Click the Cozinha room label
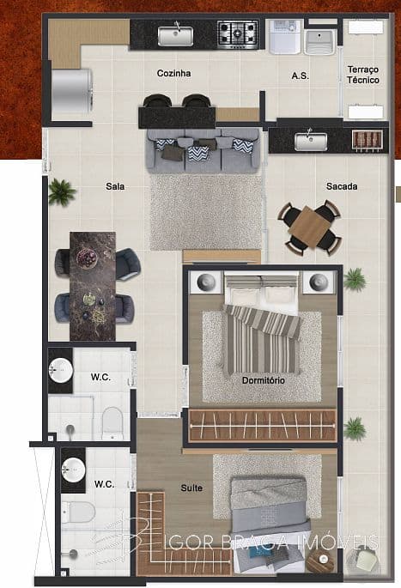click(173, 74)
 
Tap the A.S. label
click(300, 76)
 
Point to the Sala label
click(115, 185)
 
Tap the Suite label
click(191, 488)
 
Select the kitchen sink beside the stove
click(176, 35)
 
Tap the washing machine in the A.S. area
click(282, 39)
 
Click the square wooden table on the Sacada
click(310, 227)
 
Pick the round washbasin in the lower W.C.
click(74, 470)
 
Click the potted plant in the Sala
click(61, 191)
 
